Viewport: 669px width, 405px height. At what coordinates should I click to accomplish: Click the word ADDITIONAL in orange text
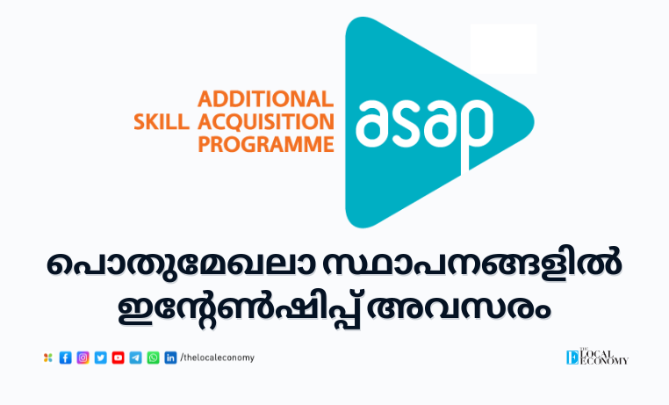point(265,99)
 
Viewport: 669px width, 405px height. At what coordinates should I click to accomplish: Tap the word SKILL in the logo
point(162,122)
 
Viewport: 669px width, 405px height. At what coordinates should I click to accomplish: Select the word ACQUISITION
point(266,122)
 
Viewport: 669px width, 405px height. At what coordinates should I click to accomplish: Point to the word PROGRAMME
point(266,144)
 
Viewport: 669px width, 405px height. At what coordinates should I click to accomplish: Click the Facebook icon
point(65,358)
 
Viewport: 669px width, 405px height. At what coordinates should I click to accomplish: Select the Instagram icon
point(83,358)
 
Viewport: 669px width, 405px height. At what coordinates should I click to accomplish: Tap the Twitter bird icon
point(101,358)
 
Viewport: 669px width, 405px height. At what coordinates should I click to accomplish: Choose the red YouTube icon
point(119,358)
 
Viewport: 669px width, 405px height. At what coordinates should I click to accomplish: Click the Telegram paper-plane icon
point(136,358)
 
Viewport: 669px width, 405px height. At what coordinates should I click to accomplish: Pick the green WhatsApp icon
point(153,358)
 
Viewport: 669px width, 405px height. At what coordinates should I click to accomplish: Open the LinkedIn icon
point(170,358)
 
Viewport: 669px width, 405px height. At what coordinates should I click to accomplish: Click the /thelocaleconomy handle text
point(217,358)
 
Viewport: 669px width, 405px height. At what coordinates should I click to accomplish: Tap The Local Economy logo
point(597,358)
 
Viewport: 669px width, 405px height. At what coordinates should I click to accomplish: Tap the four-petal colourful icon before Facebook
point(47,358)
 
